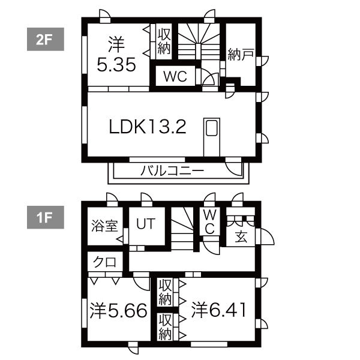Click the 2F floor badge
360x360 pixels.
coord(45,40)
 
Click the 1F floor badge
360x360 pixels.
coord(45,218)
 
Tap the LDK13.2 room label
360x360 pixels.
coord(148,127)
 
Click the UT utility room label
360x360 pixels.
coord(145,224)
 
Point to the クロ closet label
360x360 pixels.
coord(105,263)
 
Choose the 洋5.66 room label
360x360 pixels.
coord(119,310)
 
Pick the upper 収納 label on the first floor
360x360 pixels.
coord(165,292)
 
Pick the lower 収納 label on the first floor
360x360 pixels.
coord(165,328)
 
